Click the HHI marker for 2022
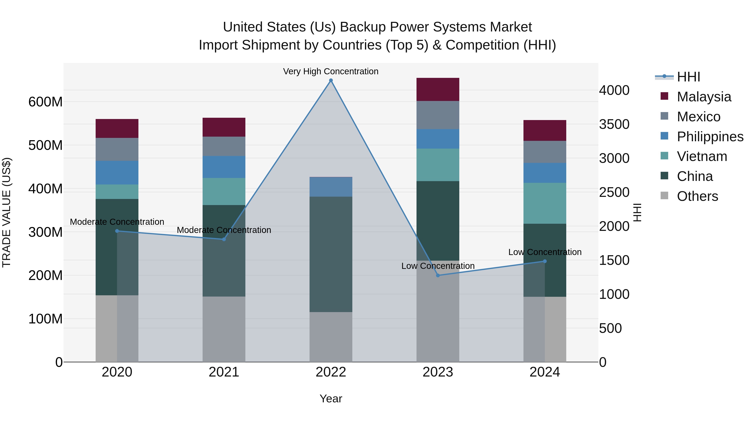click(x=331, y=80)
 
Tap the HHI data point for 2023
click(x=438, y=275)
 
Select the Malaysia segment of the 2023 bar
click(x=438, y=89)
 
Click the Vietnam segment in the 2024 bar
click(x=545, y=203)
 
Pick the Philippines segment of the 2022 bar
click(x=331, y=187)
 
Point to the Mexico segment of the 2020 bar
click(x=117, y=149)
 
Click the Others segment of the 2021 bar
click(x=224, y=329)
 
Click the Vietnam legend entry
click(x=702, y=156)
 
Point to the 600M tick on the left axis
click(x=46, y=102)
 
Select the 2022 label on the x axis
click(x=331, y=372)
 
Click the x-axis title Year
click(x=331, y=399)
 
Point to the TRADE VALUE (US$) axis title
click(x=7, y=212)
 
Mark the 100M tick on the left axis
click(x=46, y=319)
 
